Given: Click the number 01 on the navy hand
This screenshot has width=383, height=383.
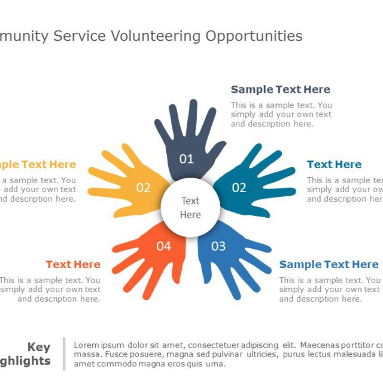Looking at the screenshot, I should [187, 159].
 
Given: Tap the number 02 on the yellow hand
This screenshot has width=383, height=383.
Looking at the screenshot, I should [143, 188].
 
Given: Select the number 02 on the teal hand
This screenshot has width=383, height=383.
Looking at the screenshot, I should [239, 188].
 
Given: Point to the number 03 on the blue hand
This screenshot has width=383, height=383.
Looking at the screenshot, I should [218, 246].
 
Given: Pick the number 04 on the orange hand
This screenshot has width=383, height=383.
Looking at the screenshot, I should [163, 246].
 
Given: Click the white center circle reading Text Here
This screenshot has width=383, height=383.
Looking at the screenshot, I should [190, 208].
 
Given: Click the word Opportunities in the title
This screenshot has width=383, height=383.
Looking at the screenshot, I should [254, 37].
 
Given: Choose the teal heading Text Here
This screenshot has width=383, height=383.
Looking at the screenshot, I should [334, 165].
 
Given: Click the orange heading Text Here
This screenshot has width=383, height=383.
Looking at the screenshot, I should [73, 265].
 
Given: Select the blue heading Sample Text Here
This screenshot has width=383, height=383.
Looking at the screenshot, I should [329, 265].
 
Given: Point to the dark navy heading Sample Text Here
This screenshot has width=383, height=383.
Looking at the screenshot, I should [280, 90].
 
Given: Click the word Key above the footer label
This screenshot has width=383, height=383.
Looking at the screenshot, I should [39, 347].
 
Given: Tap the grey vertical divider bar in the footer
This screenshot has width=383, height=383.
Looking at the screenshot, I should [64, 354].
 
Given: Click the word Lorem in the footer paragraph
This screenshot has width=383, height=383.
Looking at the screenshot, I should [85, 345].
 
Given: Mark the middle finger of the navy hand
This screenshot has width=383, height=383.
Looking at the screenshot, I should [193, 117].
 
